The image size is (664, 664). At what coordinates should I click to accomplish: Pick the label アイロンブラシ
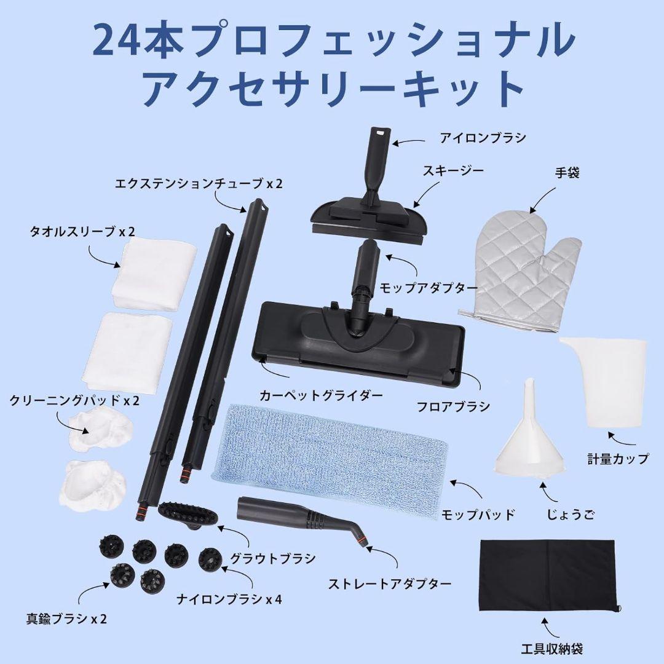(x=483, y=138)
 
